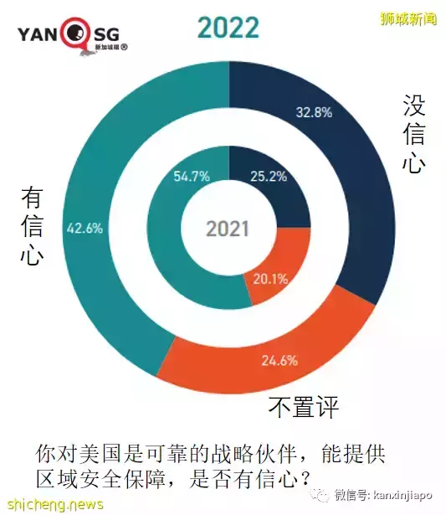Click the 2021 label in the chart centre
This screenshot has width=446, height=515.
pyautogui.click(x=228, y=229)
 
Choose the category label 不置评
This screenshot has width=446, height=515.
pyautogui.click(x=302, y=408)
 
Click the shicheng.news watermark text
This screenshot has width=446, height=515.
pyautogui.click(x=52, y=504)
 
